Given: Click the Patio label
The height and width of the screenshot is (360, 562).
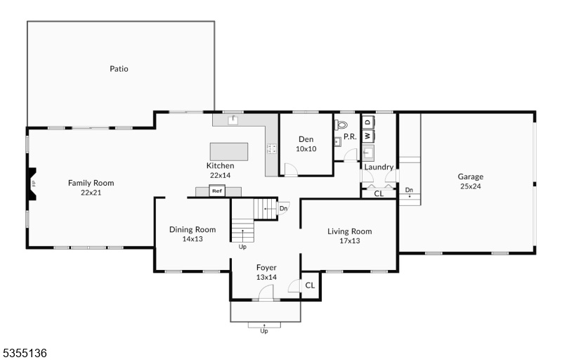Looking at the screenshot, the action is tap(119, 68).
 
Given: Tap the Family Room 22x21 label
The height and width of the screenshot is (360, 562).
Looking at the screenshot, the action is tap(91, 188).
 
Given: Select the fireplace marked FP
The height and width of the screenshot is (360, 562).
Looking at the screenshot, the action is tap(32, 184).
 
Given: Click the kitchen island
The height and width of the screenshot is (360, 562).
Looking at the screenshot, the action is tap(229, 152).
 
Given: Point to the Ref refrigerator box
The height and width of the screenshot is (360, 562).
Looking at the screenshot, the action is tap(217, 191).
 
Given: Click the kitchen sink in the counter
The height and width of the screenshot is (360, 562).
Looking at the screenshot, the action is tap(233, 120).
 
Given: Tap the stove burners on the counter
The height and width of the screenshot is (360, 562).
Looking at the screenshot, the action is tap(271, 148).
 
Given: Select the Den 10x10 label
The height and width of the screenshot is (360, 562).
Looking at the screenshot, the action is tap(306, 143).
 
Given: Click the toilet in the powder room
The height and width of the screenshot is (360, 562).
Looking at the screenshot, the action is tap(341, 124).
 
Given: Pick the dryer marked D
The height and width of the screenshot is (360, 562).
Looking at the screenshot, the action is tap(368, 122).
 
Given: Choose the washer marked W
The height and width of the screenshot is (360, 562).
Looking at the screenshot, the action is tap(368, 136).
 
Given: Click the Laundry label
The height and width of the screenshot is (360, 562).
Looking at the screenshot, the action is tap(379, 167).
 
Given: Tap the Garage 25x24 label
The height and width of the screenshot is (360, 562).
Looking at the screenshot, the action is tap(471, 181).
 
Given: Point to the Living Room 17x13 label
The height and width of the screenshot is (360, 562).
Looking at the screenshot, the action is tap(349, 236).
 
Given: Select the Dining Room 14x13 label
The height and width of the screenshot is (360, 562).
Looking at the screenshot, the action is tap(192, 233).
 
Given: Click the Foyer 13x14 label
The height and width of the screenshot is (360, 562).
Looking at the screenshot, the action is tap(266, 272).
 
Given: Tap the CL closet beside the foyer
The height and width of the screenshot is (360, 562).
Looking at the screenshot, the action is tap(310, 285).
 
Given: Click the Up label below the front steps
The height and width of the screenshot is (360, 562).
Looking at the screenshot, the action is tap(264, 331).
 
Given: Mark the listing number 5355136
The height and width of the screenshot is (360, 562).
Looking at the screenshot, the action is tap(24, 353).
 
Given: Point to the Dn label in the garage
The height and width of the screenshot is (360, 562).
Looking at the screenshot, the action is tap(409, 190).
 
